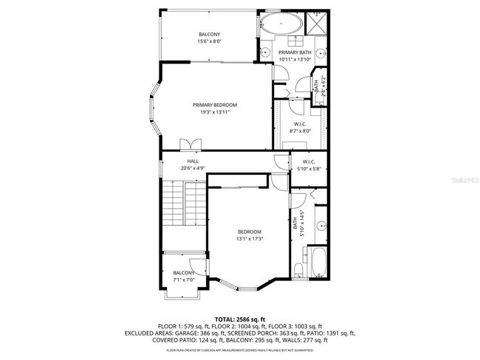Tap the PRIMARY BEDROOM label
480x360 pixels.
tap(215, 105)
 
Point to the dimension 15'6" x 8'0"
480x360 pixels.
tap(209, 42)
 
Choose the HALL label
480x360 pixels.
tap(193, 161)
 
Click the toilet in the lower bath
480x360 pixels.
tap(297, 269)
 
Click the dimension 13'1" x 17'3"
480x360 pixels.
tap(249, 239)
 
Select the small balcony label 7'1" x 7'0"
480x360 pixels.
tap(184, 280)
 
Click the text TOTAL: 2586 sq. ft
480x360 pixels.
tap(240, 318)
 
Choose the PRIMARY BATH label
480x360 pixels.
tap(295, 52)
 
